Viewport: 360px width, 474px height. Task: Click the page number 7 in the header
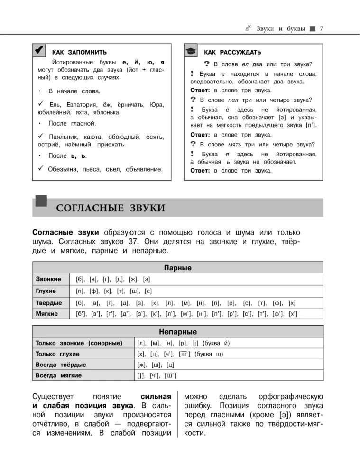[x=322, y=29]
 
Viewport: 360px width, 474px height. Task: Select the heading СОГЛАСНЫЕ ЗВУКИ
[x=111, y=208]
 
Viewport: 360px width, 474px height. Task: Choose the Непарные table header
[x=178, y=331]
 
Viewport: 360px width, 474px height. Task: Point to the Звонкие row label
[x=46, y=279]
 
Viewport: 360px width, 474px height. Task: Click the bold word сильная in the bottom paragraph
[x=156, y=396]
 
